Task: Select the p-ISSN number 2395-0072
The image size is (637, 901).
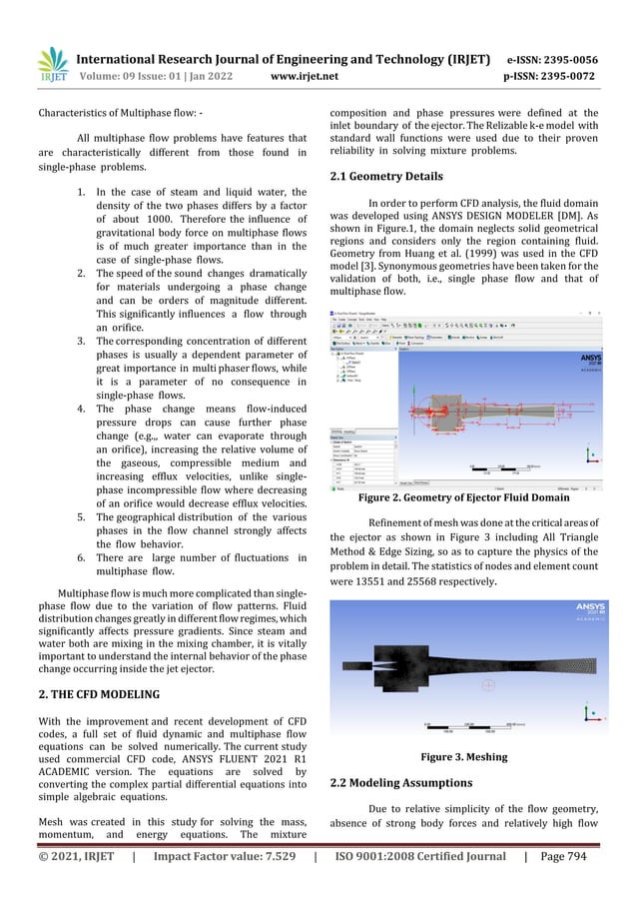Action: [x=565, y=76]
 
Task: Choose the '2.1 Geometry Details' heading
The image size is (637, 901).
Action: [x=386, y=177]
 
